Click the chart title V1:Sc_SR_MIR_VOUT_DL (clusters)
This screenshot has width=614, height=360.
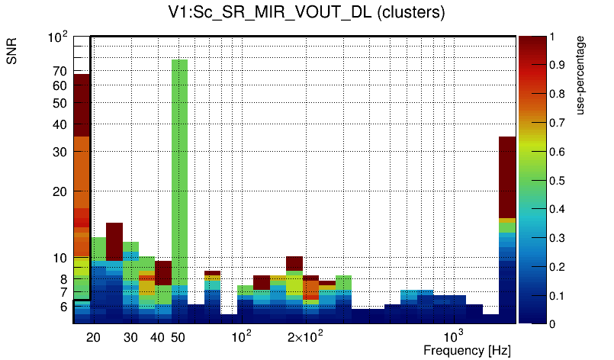pos(307,13)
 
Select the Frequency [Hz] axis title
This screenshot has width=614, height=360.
pos(467,350)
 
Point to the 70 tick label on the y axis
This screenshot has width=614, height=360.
pos(60,72)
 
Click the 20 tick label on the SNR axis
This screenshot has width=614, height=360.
pos(60,192)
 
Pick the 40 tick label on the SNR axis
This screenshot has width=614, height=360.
pos(60,124)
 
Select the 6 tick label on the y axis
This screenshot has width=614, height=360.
pos(64,307)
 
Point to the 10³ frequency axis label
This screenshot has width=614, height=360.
pos(453,337)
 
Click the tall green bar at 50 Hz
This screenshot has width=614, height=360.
pos(179,168)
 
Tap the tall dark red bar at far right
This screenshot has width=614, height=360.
pos(507,175)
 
